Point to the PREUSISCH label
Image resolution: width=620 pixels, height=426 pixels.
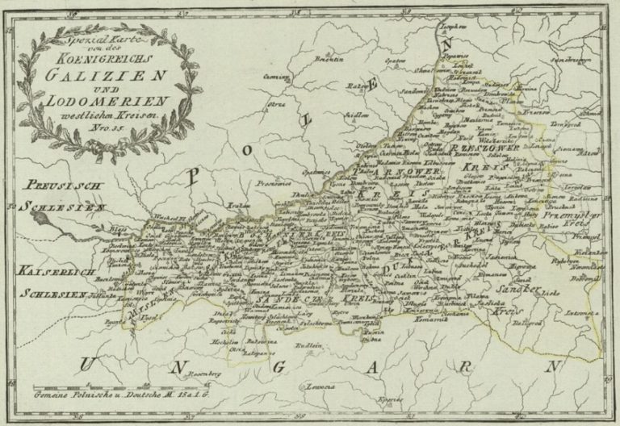pos(55,184)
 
